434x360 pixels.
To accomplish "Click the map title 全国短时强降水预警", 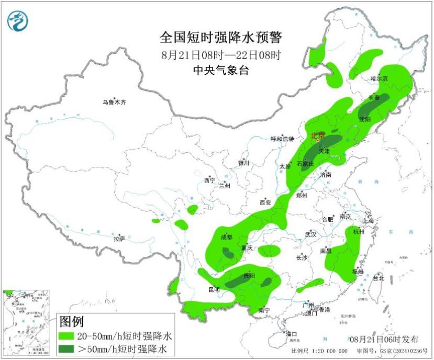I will (220, 38).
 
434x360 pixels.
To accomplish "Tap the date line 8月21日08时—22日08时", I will (220, 54).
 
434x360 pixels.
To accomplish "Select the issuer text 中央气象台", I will (220, 71).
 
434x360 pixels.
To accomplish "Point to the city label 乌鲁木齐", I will (114, 103).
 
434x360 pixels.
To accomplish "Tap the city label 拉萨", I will (119, 239).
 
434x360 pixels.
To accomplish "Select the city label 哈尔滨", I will (379, 78).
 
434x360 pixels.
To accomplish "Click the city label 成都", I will (226, 237).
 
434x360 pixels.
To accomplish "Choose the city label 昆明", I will (214, 289).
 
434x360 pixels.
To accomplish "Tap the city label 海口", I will (292, 334).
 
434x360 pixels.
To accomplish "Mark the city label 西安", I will (264, 203).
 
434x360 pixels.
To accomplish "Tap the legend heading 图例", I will (71, 321).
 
